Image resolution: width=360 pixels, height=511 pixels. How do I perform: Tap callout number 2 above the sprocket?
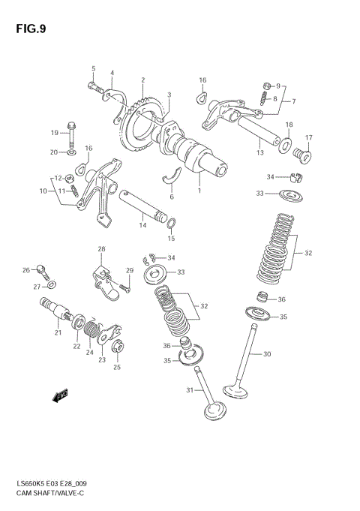142,80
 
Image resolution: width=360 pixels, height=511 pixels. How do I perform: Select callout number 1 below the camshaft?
199,191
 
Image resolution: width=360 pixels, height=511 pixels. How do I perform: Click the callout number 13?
259,152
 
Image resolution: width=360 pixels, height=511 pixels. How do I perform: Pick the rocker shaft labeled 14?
142,205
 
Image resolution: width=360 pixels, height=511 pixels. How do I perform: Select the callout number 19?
54,133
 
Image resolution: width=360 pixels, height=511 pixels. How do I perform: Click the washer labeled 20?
71,153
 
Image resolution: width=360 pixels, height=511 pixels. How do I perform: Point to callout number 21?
57,333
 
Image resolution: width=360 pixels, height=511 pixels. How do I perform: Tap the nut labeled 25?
117,347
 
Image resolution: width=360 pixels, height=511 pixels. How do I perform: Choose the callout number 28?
101,248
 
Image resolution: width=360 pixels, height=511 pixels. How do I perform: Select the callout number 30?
266,354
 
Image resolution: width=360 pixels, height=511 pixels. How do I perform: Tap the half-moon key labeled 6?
173,177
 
